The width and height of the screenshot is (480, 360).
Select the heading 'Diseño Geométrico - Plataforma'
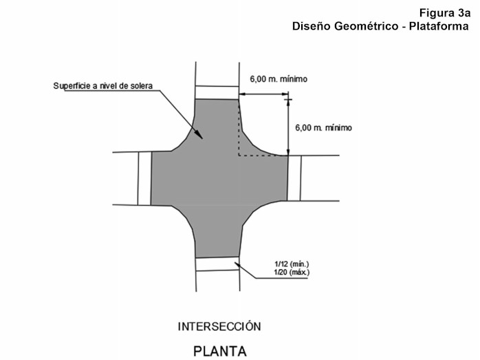380,26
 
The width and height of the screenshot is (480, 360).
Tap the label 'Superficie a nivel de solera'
102,86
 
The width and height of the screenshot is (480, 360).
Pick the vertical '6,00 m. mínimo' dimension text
323,127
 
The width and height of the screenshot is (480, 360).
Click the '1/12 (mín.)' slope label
291,264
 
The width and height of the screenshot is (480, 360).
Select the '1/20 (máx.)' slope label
291,273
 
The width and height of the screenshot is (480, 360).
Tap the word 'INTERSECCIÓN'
219,326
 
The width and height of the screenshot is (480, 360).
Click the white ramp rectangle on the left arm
144,178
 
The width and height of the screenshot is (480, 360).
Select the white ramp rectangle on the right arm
294,178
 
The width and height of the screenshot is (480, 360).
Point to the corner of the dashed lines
239,156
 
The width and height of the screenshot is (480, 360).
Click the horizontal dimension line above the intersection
263,95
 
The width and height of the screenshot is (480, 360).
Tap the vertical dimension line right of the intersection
289,127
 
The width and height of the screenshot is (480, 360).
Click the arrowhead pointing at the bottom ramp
236,262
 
